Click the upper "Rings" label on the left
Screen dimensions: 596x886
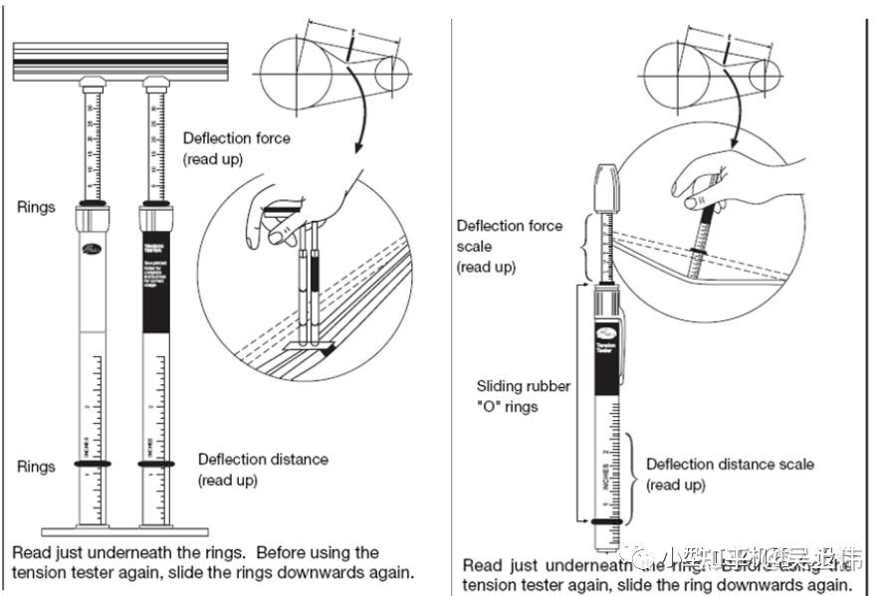(36, 207)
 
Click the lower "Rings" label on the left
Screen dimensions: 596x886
(36, 466)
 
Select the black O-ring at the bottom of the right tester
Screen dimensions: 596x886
(607, 520)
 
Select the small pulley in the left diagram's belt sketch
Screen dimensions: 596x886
(391, 73)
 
